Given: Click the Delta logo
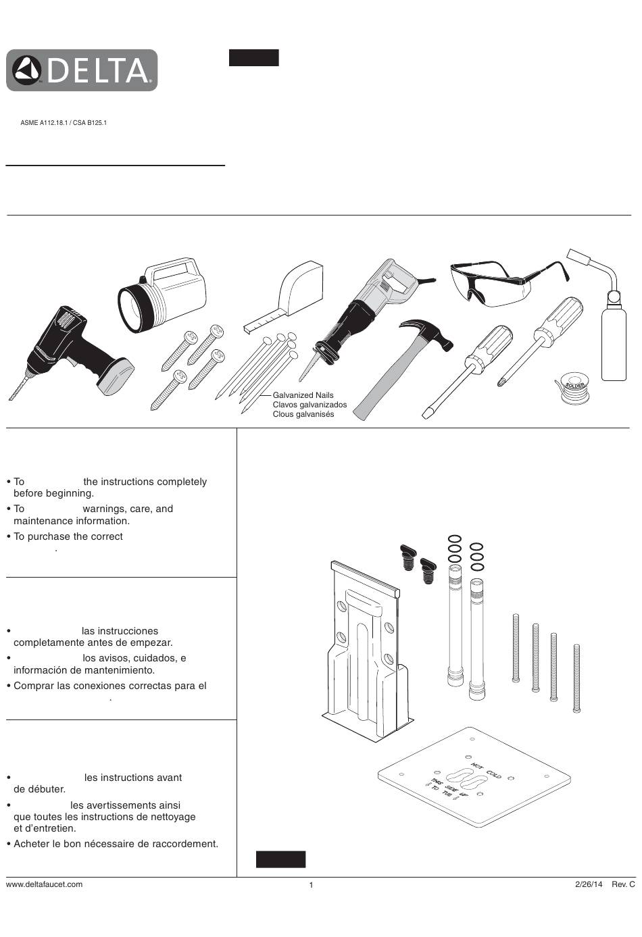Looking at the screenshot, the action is click(82, 70).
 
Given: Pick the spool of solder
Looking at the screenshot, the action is click(574, 388).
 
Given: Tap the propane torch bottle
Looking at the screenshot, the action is click(614, 345).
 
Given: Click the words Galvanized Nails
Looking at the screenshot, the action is click(303, 395).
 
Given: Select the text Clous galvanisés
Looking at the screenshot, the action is click(303, 414).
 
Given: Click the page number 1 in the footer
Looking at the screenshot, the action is click(311, 885).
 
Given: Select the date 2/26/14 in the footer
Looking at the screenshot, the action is click(589, 884).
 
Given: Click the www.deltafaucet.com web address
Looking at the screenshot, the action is click(44, 884).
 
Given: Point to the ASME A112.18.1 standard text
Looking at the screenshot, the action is click(44, 123).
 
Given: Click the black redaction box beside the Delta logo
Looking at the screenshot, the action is click(253, 57).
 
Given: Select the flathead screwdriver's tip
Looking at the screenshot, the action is click(426, 413).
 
